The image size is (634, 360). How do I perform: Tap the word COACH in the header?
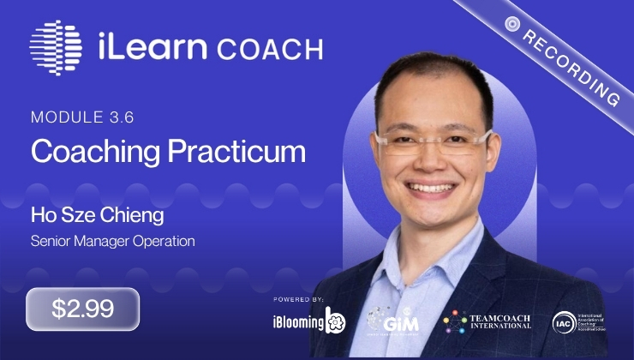pyautogui.click(x=270, y=48)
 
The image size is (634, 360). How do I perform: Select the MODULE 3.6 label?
pyautogui.click(x=75, y=116)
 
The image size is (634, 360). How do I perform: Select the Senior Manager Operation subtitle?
pyautogui.click(x=113, y=241)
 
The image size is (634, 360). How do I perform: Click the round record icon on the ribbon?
pyautogui.click(x=513, y=23)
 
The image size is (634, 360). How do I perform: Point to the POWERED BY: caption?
pyautogui.click(x=299, y=299)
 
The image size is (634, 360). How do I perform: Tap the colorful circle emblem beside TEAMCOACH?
pyautogui.click(x=454, y=322)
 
